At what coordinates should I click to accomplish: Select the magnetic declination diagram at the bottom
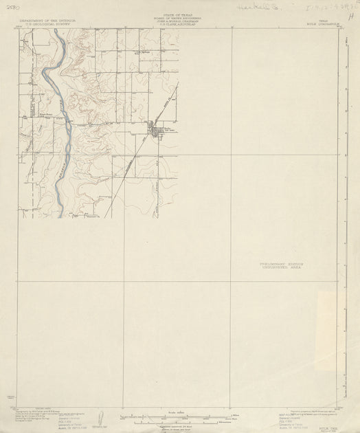click(101, 417)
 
